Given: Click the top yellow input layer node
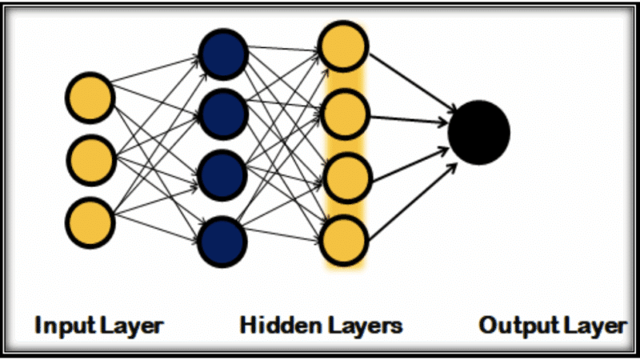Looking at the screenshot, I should pyautogui.click(x=90, y=98).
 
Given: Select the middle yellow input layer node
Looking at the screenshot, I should pyautogui.click(x=90, y=159).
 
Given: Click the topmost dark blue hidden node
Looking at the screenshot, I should pyautogui.click(x=223, y=54).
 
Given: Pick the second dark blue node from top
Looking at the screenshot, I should pyautogui.click(x=223, y=114).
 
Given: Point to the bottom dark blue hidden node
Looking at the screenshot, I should pyautogui.click(x=223, y=239).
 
